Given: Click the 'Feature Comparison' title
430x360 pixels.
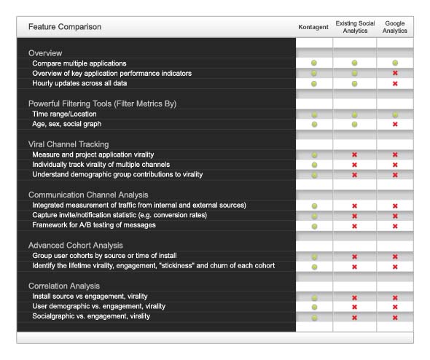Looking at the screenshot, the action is [x=65, y=27].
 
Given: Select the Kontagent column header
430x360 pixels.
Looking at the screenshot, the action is [x=313, y=27].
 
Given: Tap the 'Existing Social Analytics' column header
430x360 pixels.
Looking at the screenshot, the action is [x=355, y=27].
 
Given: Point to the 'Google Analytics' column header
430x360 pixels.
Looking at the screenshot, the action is [x=395, y=27].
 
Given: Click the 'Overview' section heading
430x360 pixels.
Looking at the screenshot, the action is [x=45, y=53].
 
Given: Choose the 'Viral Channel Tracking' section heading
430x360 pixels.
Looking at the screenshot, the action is [x=69, y=144].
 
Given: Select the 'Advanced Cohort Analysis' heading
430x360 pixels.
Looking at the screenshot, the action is [x=76, y=246].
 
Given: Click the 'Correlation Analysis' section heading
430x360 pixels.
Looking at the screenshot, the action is [x=64, y=286].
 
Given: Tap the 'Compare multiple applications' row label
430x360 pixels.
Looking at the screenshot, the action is [x=79, y=63].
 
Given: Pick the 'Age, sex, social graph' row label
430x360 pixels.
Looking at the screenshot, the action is [x=67, y=124].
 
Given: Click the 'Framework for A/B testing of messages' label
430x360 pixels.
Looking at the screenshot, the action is [x=94, y=225].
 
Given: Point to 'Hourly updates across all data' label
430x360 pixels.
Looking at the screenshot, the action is [x=79, y=83].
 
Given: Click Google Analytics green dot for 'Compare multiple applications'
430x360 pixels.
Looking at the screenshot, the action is [x=395, y=63].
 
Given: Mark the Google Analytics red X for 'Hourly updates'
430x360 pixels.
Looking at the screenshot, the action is [x=395, y=84].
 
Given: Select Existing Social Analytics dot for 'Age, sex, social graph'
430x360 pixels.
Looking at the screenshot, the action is [x=355, y=124].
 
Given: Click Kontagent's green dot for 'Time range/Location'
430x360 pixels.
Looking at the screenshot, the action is [x=315, y=114].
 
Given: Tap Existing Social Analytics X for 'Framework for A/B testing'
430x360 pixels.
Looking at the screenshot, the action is [x=355, y=226].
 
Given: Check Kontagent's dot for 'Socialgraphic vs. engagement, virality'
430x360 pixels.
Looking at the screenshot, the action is [x=315, y=318].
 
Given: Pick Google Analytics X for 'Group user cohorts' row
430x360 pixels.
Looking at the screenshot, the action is [x=395, y=257].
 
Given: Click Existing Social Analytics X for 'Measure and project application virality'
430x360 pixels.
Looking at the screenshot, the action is [x=355, y=154].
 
